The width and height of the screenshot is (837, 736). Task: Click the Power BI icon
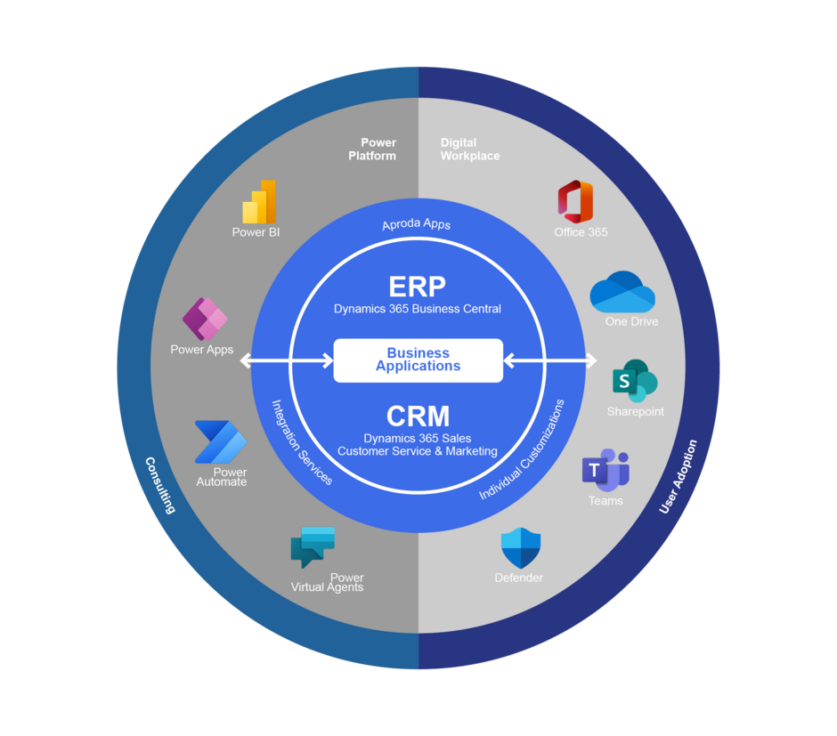[x=259, y=202]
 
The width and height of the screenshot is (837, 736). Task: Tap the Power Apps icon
[x=205, y=319]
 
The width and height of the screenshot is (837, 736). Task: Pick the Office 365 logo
[x=575, y=202]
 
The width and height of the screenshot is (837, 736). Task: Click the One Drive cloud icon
[x=622, y=292]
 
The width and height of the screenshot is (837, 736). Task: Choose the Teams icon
[x=605, y=470]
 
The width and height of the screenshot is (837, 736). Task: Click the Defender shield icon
[x=521, y=548]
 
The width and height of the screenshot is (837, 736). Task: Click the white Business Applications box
[x=418, y=360]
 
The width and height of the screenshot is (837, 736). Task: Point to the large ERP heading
[x=417, y=287]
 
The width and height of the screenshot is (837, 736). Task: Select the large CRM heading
[x=418, y=417]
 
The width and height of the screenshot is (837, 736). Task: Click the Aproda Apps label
[x=417, y=224]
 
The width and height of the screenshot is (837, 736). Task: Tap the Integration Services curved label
[x=302, y=441]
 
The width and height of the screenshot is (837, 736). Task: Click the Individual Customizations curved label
[x=523, y=449]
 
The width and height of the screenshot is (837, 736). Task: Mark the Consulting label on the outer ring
[x=160, y=485]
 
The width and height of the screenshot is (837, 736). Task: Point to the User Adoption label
[x=679, y=477]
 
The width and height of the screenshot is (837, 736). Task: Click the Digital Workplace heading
[x=469, y=149]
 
